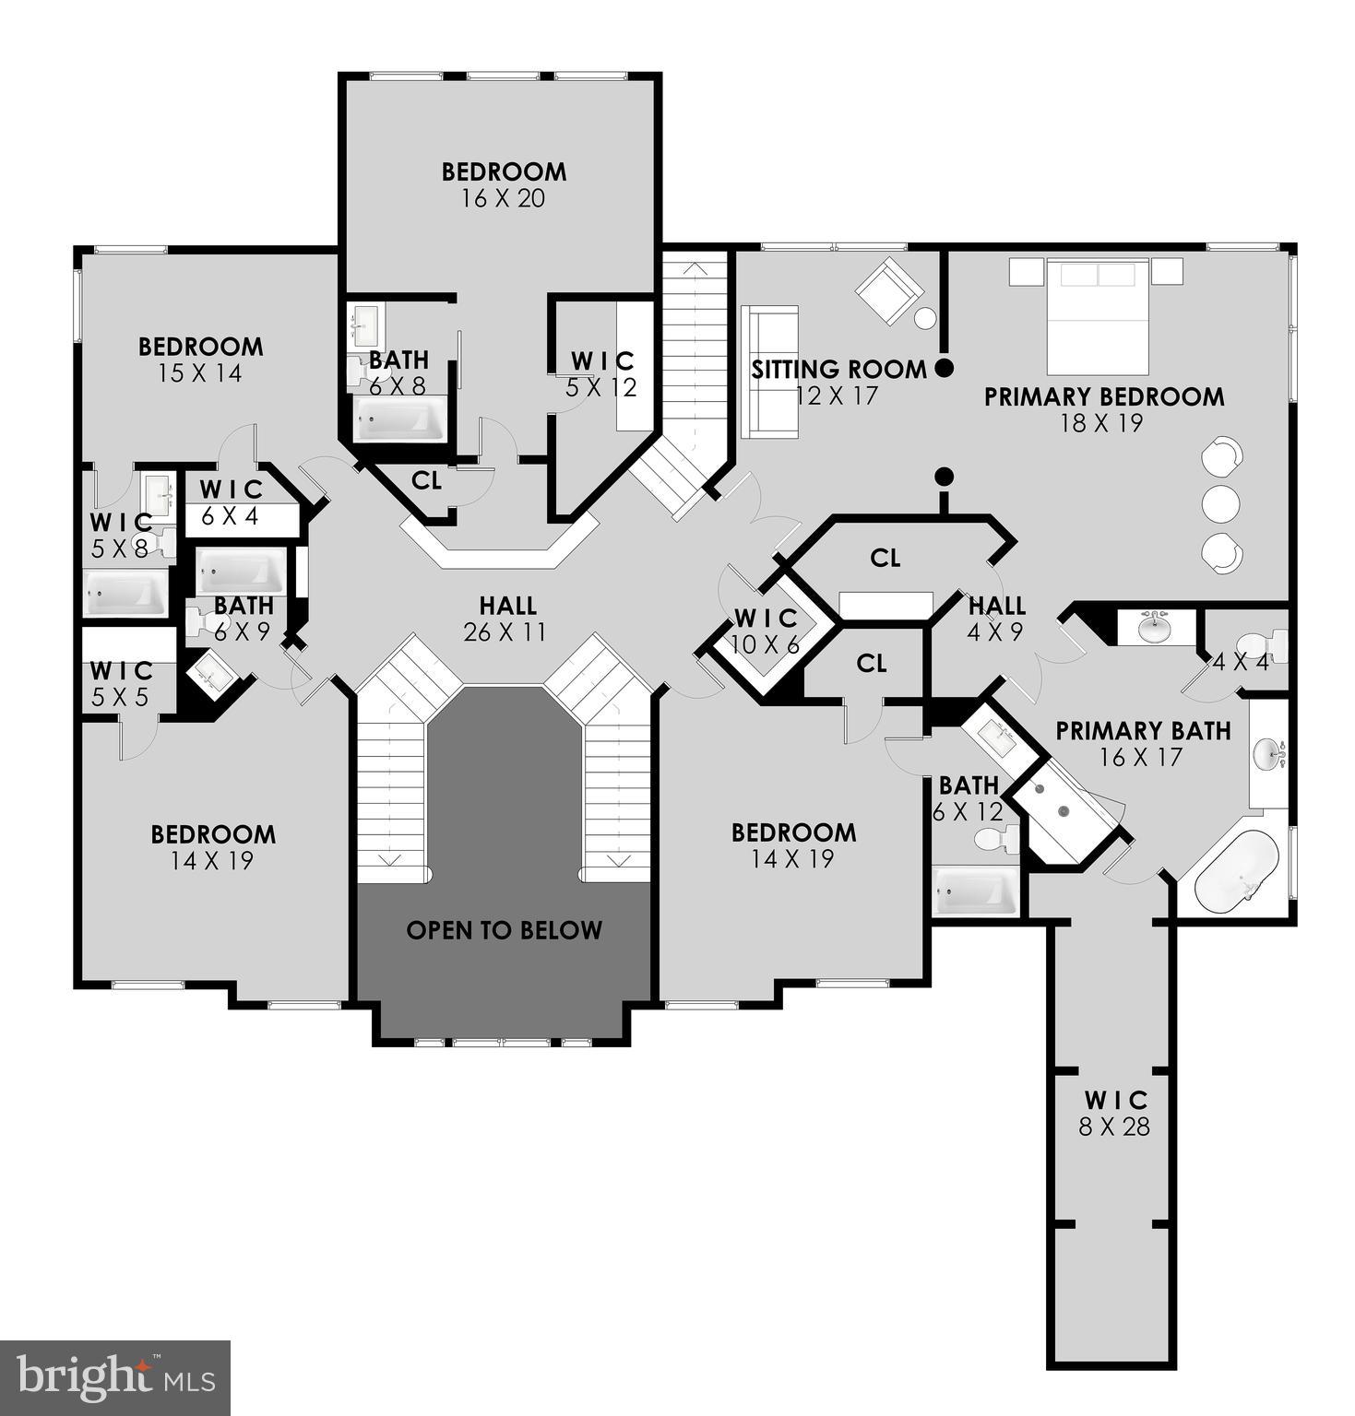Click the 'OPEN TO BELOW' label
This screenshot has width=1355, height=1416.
(504, 930)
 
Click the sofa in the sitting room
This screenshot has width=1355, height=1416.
(769, 371)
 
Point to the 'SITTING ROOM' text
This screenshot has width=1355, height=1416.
(838, 370)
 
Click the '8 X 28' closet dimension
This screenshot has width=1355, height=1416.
(1114, 1127)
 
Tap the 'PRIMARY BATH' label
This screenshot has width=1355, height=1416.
(1143, 731)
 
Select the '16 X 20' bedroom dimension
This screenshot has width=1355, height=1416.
(504, 198)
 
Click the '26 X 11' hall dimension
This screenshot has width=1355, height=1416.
(506, 632)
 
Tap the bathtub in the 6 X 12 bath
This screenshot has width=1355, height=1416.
(974, 891)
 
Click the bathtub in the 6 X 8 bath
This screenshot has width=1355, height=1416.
(400, 421)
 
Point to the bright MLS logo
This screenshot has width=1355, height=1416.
(115, 1377)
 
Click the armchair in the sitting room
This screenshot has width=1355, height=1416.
(888, 289)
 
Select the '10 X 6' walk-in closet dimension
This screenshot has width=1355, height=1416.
(765, 644)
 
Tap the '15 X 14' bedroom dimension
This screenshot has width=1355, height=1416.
(200, 373)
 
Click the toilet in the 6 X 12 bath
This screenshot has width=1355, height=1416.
(994, 839)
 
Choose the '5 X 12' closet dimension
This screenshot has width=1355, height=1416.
(601, 387)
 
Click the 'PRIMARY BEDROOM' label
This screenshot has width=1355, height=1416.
(1104, 397)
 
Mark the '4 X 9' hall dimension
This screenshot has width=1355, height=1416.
(996, 633)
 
